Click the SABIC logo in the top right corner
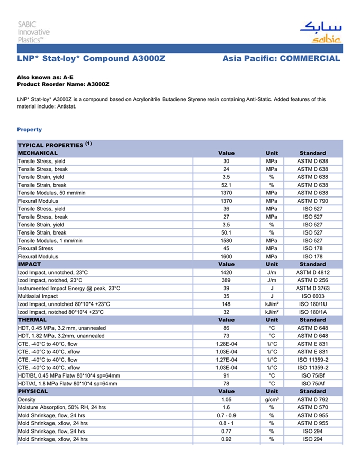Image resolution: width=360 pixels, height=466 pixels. (x=320, y=32)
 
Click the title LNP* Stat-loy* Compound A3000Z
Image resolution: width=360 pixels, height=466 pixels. (x=91, y=59)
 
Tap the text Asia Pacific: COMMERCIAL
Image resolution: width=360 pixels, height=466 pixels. (x=281, y=59)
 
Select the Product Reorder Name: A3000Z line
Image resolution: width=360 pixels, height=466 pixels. (x=63, y=84)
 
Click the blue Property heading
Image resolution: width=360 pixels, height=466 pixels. (x=29, y=130)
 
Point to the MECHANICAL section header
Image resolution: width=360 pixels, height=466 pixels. (x=38, y=153)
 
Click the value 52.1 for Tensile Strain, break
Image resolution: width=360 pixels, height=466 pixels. (x=226, y=185)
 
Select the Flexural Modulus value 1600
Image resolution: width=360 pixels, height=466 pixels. (x=226, y=256)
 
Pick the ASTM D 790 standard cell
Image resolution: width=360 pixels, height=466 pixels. (x=312, y=201)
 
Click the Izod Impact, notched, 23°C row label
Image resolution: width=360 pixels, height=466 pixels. (x=50, y=280)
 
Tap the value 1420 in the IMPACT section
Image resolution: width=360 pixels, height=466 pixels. (x=226, y=272)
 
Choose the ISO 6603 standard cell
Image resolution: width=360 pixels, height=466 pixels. (x=312, y=296)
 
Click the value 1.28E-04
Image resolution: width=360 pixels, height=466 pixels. (x=226, y=344)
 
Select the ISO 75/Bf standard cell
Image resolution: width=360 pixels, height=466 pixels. (x=312, y=375)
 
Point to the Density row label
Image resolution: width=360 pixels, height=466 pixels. (x=27, y=400)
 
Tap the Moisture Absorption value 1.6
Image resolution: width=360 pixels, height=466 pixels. (x=226, y=407)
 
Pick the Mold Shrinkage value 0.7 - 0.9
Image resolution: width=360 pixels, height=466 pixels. (x=226, y=415)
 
